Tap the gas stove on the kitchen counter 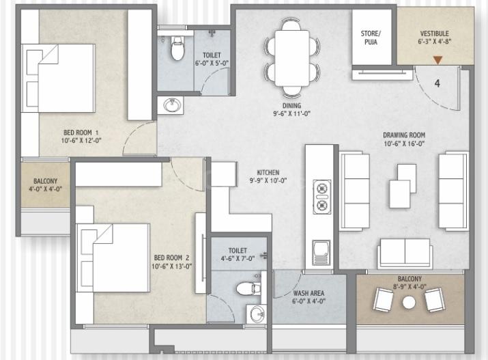coord(321,197)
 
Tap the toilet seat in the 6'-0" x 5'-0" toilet coord(177,49)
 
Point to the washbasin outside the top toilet coord(171,106)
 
